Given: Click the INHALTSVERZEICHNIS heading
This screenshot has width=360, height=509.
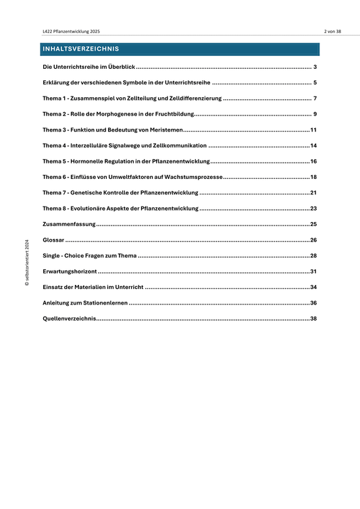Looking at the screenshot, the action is tap(80, 49).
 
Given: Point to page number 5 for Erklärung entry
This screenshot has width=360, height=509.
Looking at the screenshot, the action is tap(315, 83).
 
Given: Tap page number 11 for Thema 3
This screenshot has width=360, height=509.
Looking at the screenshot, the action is tap(313, 130).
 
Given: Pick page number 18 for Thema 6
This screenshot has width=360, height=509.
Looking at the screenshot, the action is tap(313, 177).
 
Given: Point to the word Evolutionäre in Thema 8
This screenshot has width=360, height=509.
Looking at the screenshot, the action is tap(94, 209).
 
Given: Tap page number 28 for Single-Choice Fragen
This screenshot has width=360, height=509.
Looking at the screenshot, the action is tap(313, 255).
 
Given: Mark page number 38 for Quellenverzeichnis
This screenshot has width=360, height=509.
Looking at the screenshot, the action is tap(313, 318).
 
